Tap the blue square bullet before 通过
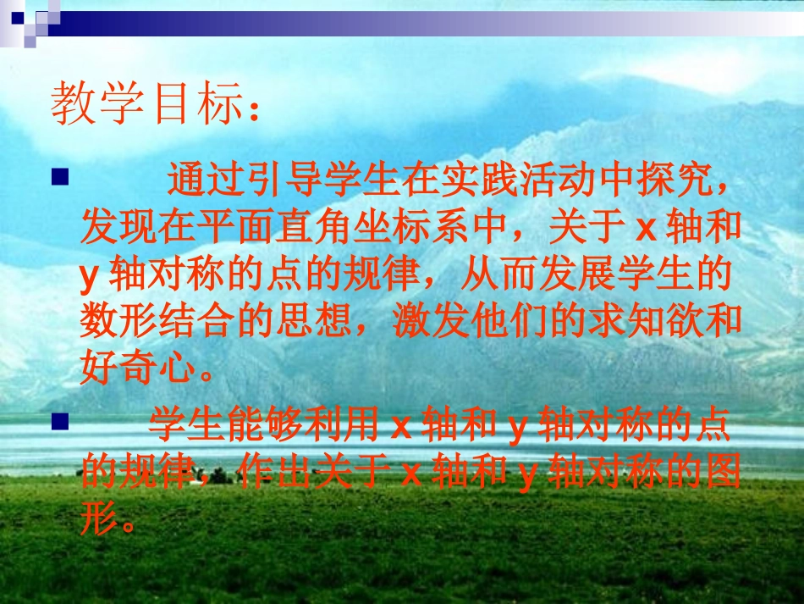coord(59,178)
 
